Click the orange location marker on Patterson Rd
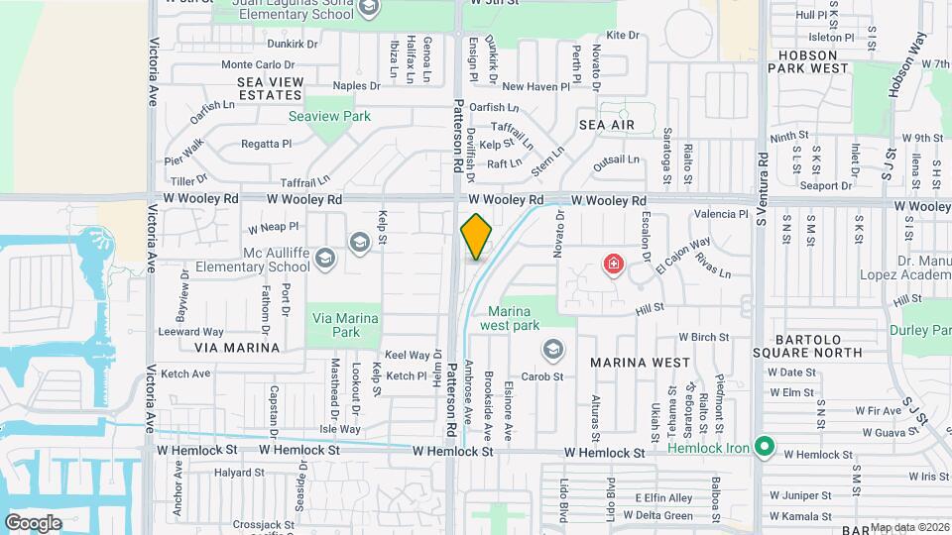(x=476, y=237)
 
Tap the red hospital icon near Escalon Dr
(x=614, y=264)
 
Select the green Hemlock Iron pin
(x=763, y=448)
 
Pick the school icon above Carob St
(x=551, y=350)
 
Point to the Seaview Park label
(x=329, y=116)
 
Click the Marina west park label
(x=510, y=317)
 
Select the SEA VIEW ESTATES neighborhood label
(x=256, y=87)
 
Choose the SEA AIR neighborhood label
(x=607, y=125)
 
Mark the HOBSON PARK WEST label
(x=814, y=61)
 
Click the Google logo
(x=33, y=523)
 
